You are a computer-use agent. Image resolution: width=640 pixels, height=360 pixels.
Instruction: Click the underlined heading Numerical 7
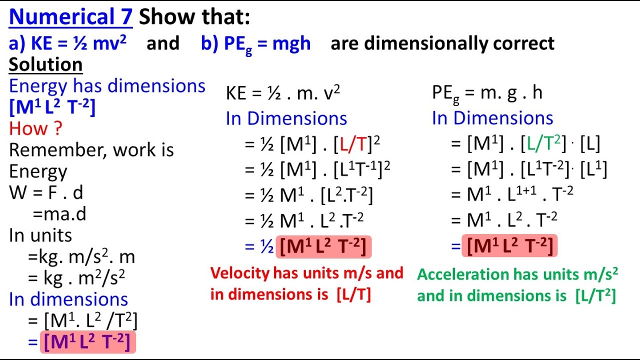click(70, 18)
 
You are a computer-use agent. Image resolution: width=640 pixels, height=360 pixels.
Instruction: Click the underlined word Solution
click(45, 65)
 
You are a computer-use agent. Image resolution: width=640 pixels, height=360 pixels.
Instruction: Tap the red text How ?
click(35, 128)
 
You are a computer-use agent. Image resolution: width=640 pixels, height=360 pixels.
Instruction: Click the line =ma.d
click(59, 214)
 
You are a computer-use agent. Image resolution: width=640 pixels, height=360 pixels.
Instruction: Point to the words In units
click(40, 235)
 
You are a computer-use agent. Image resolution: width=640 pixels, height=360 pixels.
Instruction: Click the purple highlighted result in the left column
click(87, 342)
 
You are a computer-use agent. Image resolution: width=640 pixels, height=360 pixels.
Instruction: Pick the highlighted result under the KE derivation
click(323, 246)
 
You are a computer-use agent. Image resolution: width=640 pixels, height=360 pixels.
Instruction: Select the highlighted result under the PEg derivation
click(509, 246)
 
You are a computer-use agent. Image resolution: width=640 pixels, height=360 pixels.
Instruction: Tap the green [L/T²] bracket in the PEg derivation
click(545, 144)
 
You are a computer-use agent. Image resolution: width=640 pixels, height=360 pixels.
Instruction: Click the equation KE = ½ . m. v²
click(283, 93)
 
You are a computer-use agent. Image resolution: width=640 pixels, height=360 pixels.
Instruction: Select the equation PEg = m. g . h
click(487, 93)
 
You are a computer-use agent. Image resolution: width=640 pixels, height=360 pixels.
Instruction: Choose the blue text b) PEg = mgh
click(255, 43)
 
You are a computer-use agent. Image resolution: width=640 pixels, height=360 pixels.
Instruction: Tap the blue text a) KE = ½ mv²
click(68, 43)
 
